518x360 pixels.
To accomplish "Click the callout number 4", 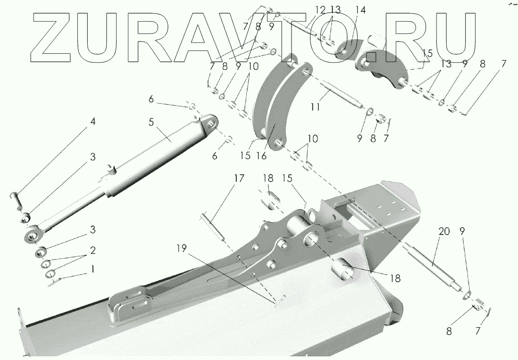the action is [x=93, y=122].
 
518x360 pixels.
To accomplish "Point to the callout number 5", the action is [x=151, y=122].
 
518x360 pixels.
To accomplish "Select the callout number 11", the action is [x=315, y=107].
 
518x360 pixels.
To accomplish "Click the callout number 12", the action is [x=320, y=9].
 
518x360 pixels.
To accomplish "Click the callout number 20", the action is [x=444, y=231].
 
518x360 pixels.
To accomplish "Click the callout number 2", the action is [x=93, y=250].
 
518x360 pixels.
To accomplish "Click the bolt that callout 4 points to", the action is [x=17, y=199].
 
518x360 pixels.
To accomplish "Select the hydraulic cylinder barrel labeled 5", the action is [x=160, y=156].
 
